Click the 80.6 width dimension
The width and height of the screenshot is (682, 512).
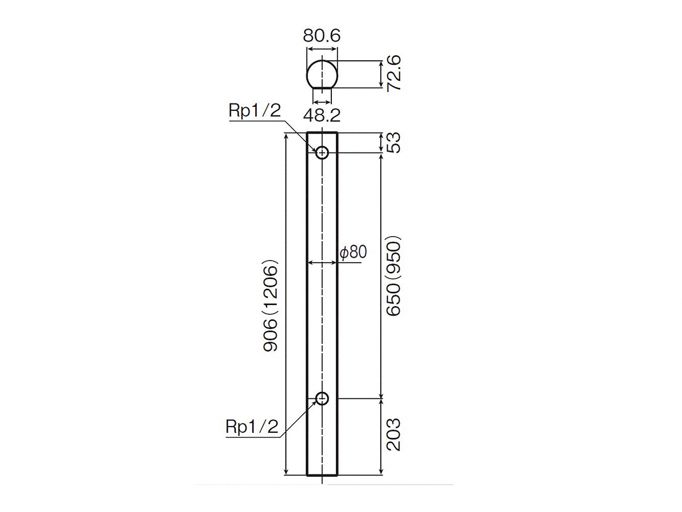pos(322,35)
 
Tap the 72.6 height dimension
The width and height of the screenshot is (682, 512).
pos(394,73)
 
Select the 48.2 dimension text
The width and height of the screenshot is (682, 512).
pos(322,115)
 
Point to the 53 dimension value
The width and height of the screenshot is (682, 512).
pos(394,143)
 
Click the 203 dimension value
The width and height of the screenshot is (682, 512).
pos(394,435)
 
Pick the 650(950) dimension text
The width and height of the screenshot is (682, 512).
pos(394,276)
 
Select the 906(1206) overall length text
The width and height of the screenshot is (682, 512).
pos(270,305)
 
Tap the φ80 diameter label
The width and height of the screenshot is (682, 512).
pos(354,252)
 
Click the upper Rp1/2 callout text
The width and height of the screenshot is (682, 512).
pos(255,110)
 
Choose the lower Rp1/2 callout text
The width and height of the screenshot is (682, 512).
pos(252,427)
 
